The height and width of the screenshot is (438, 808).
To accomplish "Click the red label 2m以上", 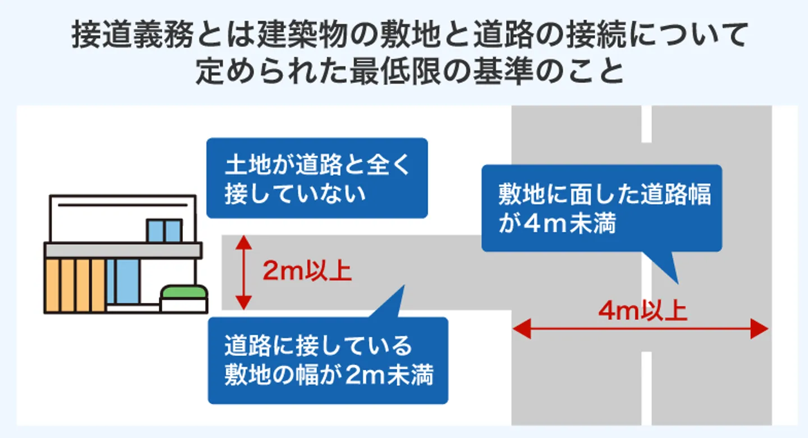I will coord(307,272).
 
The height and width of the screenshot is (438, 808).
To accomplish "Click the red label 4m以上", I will coord(643,311).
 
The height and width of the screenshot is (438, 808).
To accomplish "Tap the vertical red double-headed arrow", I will coord(242,272).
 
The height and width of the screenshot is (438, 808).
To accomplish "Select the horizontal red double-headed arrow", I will coord(640,330).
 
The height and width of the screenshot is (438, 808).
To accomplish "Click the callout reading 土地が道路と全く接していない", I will coord(317,178).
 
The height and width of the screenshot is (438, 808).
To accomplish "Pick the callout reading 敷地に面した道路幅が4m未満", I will coord(602,208).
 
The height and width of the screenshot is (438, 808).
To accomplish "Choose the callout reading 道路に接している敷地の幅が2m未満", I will coord(328,361).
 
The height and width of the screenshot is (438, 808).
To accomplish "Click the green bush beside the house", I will coord(184,293).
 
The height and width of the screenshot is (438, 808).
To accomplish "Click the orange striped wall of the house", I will coord(75,285).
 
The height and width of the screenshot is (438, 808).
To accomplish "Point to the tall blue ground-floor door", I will coord(123,281).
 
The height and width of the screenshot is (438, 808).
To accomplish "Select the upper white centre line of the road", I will coord(646,124).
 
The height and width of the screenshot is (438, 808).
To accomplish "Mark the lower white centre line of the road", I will coord(646,387).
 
